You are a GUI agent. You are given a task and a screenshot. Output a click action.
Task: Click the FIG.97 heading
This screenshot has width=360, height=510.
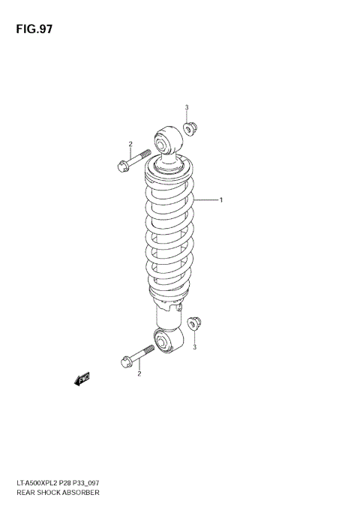click(32, 30)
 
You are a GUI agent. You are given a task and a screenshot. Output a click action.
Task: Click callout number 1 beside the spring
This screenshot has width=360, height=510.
click(221, 200)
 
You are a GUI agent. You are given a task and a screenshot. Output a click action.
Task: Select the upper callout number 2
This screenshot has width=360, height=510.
click(130, 144)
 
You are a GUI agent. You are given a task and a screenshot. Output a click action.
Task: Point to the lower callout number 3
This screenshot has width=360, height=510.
click(194, 347)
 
